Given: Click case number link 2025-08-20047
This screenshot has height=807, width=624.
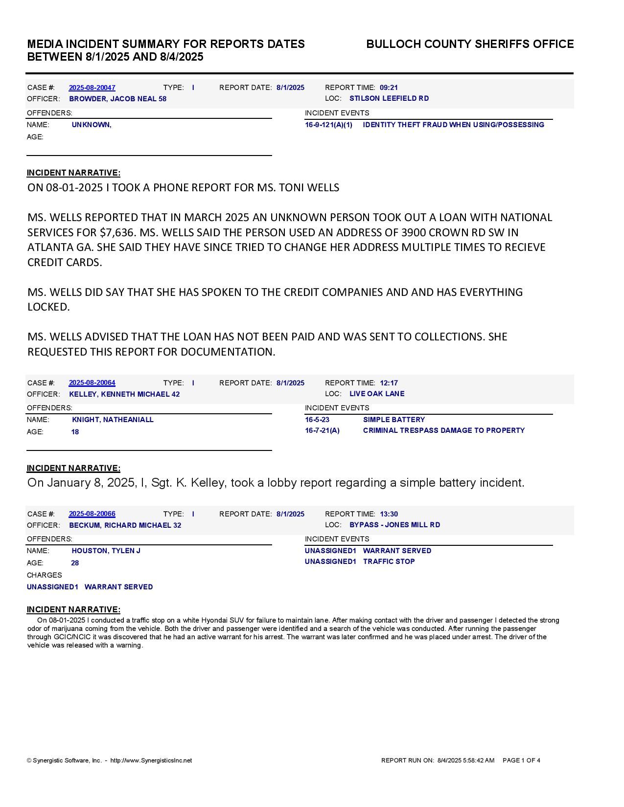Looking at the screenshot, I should coord(92,88).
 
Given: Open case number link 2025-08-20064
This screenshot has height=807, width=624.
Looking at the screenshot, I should coord(92,383).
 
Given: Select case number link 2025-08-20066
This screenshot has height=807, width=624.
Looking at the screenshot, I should coord(92,514).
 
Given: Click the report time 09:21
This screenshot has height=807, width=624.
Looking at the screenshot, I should coord(389,88).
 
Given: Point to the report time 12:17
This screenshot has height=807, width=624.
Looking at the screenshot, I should coord(389,383).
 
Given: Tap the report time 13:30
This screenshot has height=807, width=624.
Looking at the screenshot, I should coord(389,514).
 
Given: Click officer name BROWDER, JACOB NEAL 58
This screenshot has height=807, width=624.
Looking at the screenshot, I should coord(117,99).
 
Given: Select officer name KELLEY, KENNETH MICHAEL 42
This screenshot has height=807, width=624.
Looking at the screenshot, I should coord(124,394).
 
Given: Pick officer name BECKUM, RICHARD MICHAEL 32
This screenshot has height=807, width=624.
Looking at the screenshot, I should coord(125,525).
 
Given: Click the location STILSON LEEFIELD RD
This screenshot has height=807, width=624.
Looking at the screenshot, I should coord(389,98).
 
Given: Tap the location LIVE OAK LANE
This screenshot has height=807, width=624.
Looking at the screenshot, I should coord(377,394).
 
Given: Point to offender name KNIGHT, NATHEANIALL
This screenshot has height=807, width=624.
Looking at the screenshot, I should coord(113,420).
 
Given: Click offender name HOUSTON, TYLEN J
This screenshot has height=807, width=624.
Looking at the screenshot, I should coord(106,551).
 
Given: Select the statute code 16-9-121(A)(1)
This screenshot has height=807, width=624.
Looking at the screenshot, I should coord(328,125).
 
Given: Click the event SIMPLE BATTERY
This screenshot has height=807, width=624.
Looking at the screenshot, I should coord(394,420).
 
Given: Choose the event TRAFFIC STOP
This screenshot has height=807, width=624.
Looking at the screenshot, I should coord(389,561).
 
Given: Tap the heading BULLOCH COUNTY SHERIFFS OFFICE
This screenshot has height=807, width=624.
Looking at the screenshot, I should coord(470,44).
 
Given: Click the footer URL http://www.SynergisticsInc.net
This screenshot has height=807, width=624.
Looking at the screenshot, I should coord(151,761).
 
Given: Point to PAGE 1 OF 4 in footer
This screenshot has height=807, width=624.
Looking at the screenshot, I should coord(521,761).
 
